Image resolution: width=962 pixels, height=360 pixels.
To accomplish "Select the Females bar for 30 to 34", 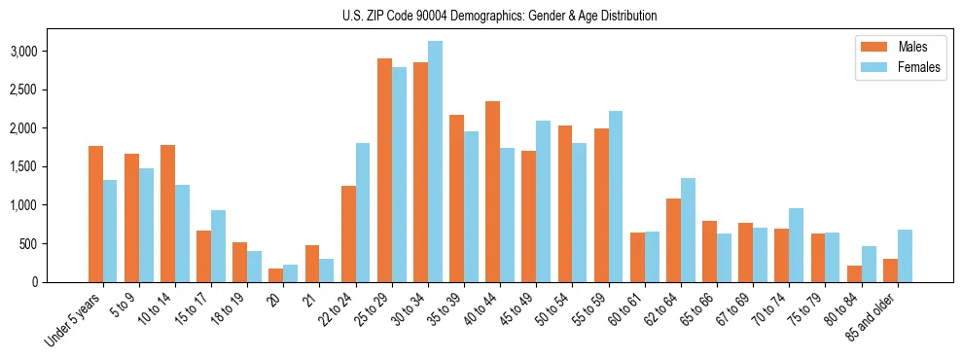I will click(x=435, y=162).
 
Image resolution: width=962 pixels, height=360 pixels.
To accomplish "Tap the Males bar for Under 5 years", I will click(x=95, y=214).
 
